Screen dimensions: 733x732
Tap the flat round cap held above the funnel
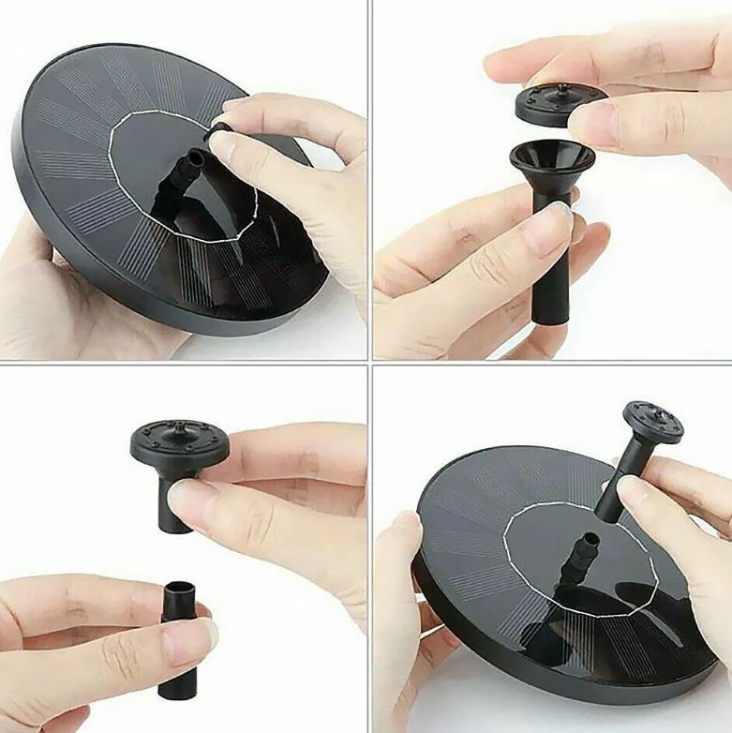click(x=547, y=103)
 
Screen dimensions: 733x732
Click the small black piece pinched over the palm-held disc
click(x=221, y=129)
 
